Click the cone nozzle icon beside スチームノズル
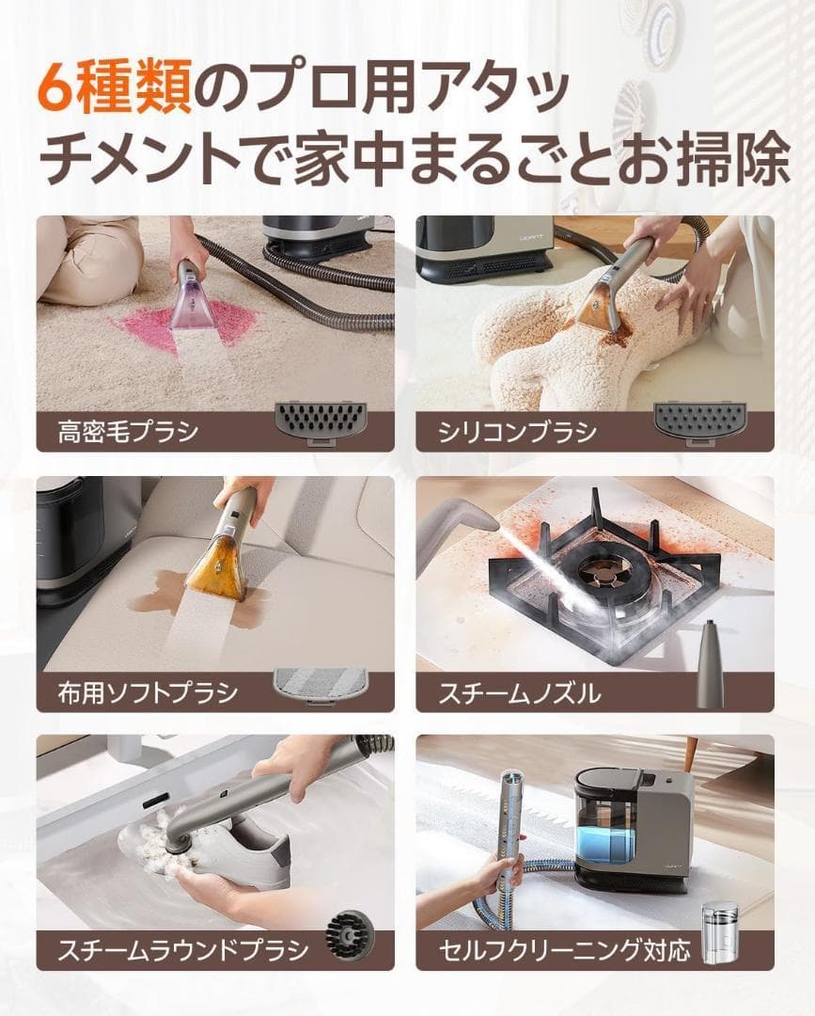pyautogui.click(x=707, y=663)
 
